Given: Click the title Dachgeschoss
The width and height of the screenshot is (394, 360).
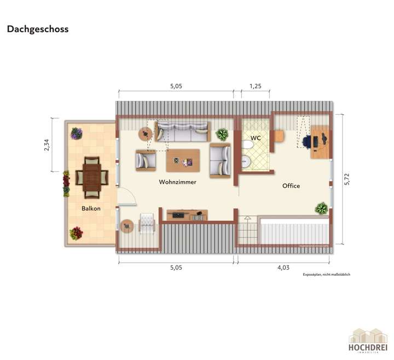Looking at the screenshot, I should (38, 30).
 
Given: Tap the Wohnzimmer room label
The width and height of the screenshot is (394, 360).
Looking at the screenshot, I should (177, 182).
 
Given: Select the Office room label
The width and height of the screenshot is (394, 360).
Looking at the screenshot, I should (291, 186).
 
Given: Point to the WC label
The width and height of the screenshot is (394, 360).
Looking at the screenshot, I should (256, 137).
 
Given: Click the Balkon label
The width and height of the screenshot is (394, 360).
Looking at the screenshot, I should (91, 208).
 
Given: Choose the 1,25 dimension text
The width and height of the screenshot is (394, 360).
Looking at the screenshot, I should (255, 86).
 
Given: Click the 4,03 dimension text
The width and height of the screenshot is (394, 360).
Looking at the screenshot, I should (283, 268).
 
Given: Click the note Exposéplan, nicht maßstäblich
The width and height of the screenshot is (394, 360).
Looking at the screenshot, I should (326, 275).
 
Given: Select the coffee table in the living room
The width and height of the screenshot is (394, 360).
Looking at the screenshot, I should (183, 160).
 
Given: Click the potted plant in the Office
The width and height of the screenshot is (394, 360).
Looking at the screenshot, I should (321, 208).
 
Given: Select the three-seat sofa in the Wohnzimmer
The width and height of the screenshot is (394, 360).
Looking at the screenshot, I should (182, 131).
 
